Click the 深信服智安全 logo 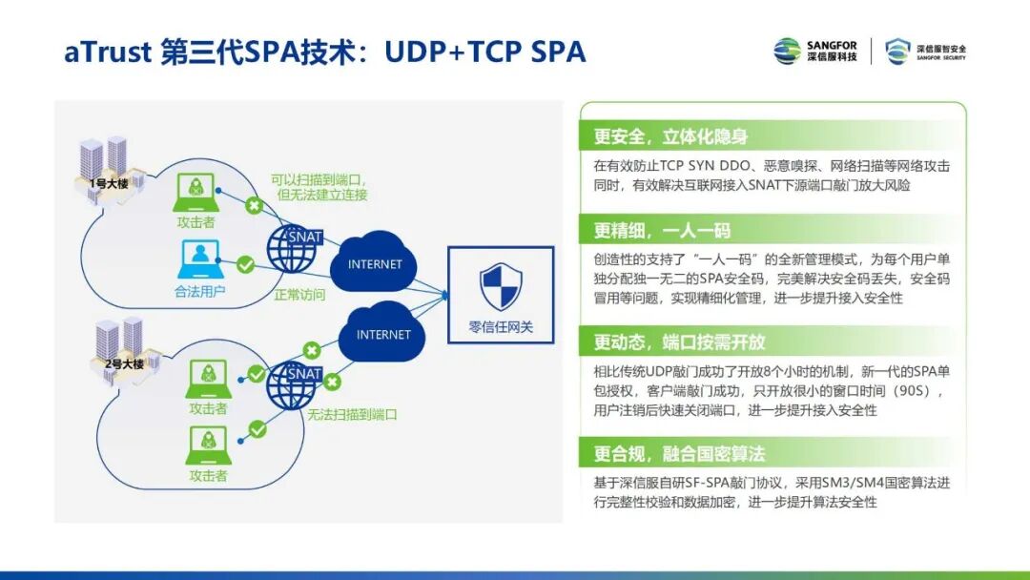coord(925,51)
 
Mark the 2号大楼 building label coord(123,363)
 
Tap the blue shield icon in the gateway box coord(501,288)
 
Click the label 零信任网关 coord(501,327)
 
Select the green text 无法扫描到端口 coord(352,415)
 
